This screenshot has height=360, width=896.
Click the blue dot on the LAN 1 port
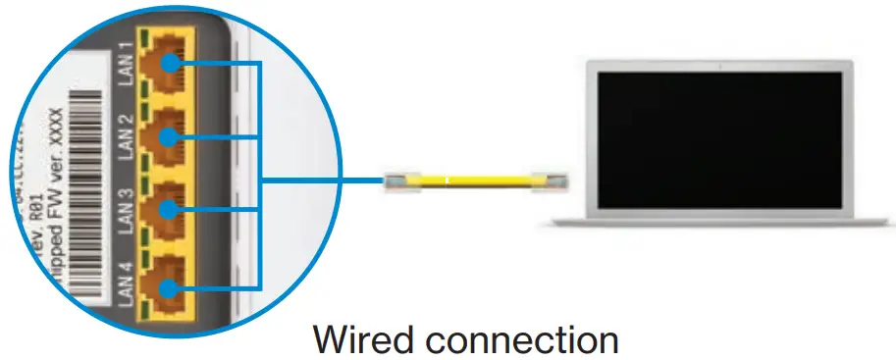click(x=171, y=64)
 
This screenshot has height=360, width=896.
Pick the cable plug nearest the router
click(x=395, y=181)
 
